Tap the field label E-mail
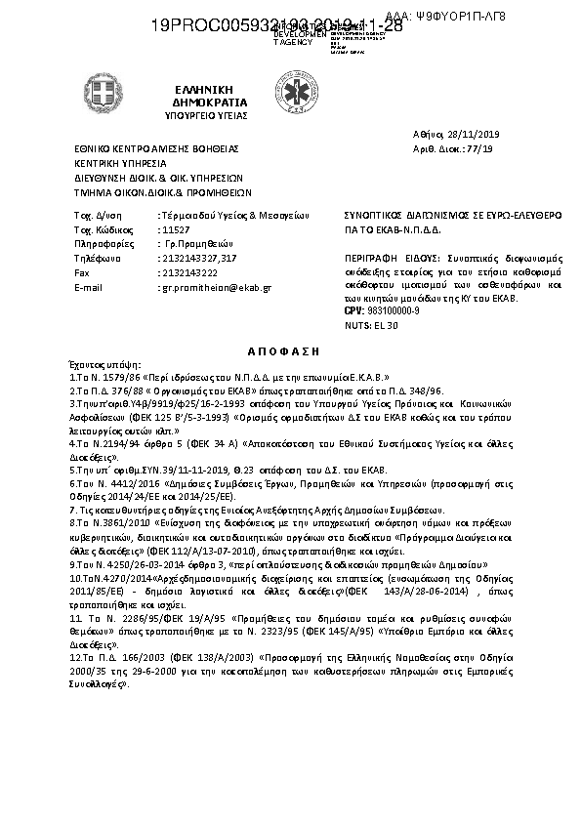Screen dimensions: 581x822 point(88,288)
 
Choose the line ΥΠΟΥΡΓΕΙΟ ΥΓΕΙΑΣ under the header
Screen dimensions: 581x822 point(206,114)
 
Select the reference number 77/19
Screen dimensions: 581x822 point(481,148)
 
